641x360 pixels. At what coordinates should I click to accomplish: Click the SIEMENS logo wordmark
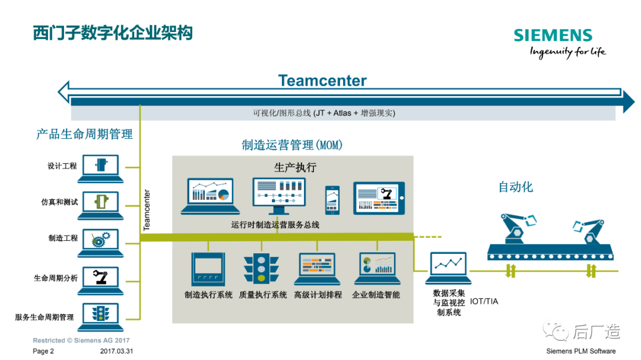point(553,36)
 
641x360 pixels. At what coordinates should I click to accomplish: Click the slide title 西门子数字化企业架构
point(113,33)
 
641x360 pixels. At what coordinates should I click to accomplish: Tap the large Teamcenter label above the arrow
point(322,81)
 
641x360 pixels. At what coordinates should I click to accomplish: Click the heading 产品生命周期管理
point(84,135)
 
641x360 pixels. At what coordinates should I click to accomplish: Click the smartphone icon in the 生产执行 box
point(332,200)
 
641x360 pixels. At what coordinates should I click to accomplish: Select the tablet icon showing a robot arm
point(379,198)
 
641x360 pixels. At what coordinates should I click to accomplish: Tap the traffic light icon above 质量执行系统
point(261,269)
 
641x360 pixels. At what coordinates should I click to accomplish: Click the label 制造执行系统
point(208,295)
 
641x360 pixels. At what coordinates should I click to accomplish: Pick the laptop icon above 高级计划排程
point(318,269)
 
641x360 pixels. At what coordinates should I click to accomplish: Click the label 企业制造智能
point(376,295)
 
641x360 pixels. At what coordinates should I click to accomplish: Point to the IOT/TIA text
point(484,301)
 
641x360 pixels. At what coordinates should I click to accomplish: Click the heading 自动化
point(515,187)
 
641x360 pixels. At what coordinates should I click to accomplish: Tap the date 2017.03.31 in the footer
point(116,351)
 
